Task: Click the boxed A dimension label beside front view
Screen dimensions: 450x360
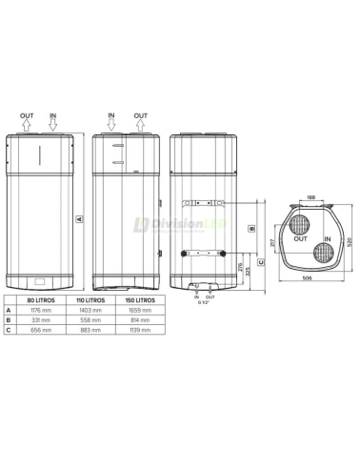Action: click(81, 218)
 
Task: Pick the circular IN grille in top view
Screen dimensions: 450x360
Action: click(323, 253)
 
